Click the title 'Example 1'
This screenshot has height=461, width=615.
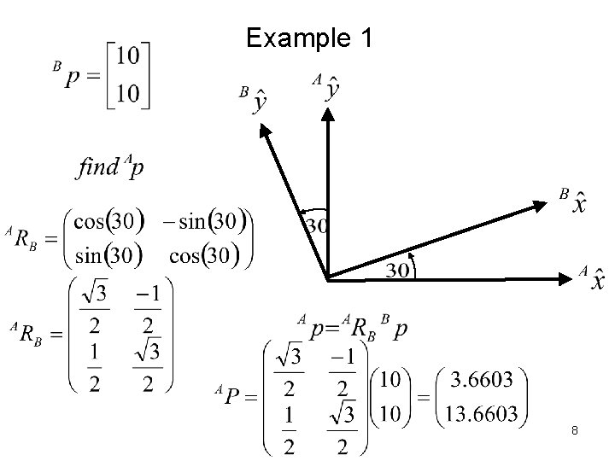point(307,38)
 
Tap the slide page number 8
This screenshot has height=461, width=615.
point(575,434)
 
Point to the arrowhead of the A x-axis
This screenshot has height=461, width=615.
point(565,278)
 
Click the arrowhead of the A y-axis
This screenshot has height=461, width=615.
point(328,114)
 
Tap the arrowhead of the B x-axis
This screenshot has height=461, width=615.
point(542,204)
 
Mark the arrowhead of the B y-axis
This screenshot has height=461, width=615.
point(265,127)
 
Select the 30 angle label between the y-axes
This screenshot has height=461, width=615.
point(318,227)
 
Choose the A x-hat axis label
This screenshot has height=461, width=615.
point(591,278)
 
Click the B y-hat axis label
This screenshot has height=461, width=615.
point(255,101)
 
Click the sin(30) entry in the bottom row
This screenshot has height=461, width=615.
point(104,255)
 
